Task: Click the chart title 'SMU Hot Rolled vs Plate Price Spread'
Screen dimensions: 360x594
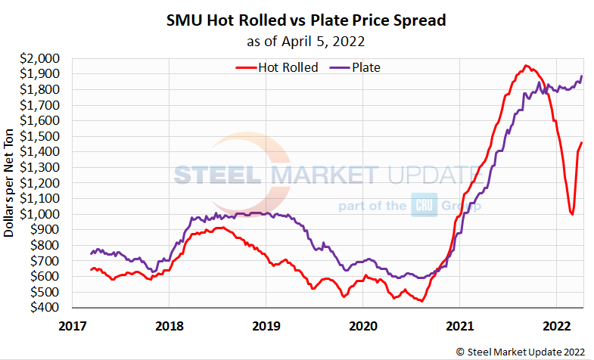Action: pos(306,20)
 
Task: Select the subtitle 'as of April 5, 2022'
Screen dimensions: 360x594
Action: pos(306,40)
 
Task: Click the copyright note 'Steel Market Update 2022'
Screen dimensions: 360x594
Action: pos(521,351)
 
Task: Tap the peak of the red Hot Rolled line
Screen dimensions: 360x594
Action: pos(526,66)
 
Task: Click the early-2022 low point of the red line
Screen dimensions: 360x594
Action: pos(572,214)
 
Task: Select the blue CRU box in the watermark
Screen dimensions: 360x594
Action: pos(422,205)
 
